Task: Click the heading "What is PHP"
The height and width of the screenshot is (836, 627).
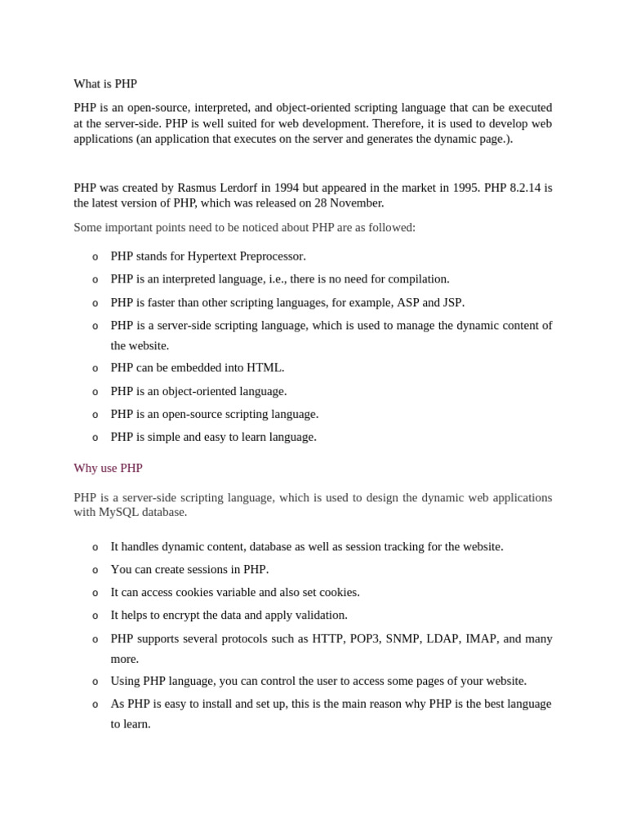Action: coord(105,84)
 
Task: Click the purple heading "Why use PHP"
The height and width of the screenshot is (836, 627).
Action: coord(108,468)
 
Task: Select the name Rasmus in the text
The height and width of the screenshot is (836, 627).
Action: coord(197,188)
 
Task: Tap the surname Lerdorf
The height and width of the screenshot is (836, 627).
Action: coord(238,188)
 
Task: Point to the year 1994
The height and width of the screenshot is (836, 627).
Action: coord(287,188)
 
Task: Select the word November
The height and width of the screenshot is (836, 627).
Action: coord(354,202)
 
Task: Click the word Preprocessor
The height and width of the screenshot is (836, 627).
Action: coord(273,256)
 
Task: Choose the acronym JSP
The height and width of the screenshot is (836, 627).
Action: coord(452,303)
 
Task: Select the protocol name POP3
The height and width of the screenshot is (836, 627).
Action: coord(366,638)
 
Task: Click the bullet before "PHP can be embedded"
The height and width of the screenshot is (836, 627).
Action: coord(95,369)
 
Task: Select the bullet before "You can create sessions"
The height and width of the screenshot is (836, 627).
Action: coord(95,571)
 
